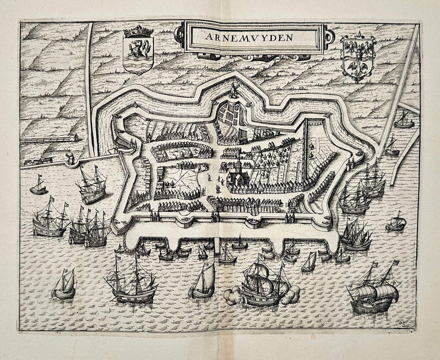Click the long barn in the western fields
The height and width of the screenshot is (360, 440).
(x=50, y=139)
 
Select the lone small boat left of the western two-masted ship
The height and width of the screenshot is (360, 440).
(x=38, y=186)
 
